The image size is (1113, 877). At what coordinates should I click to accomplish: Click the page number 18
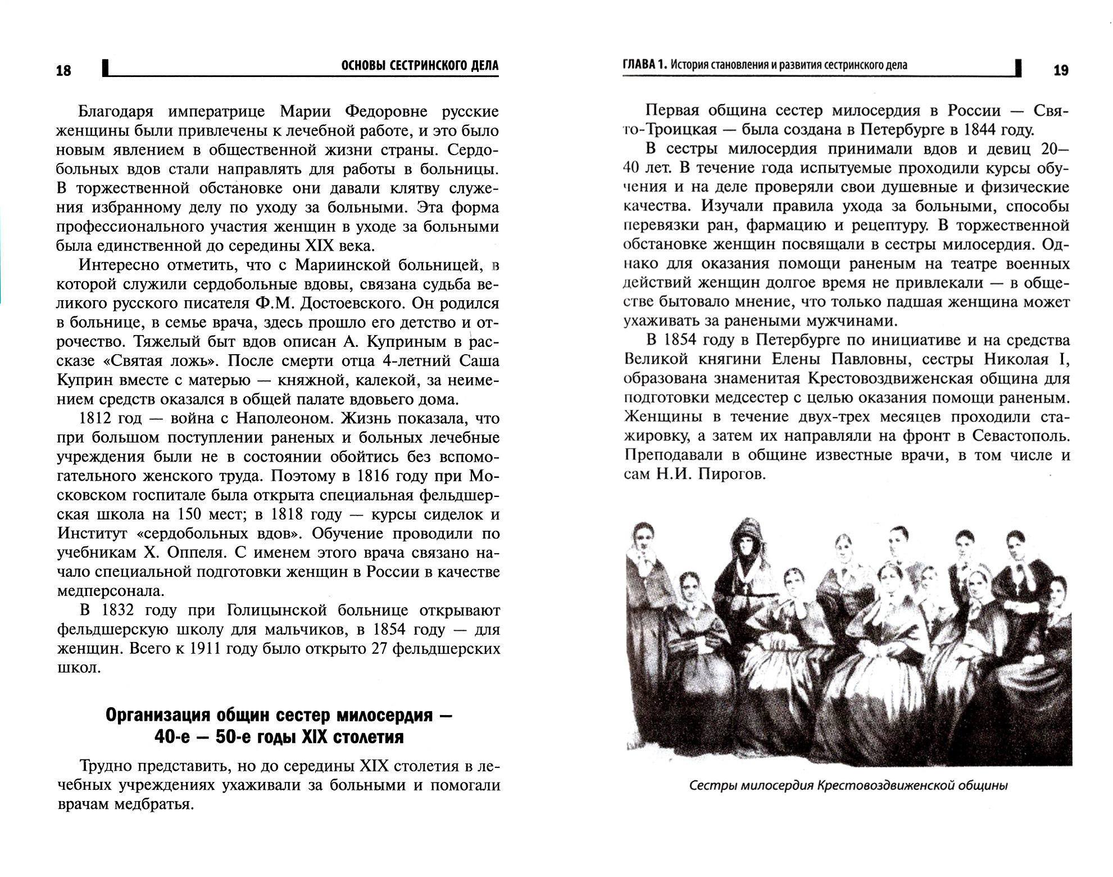point(63,70)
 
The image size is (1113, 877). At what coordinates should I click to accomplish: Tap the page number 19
point(1061,70)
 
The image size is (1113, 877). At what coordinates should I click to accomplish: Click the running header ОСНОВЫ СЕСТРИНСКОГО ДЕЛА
point(420,66)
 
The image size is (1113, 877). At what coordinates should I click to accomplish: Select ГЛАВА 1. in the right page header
point(645,65)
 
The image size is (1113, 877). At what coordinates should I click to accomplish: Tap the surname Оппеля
point(196,553)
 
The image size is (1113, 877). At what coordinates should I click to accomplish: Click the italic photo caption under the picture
point(848,785)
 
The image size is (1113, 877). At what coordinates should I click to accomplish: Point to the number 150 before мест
point(189,514)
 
